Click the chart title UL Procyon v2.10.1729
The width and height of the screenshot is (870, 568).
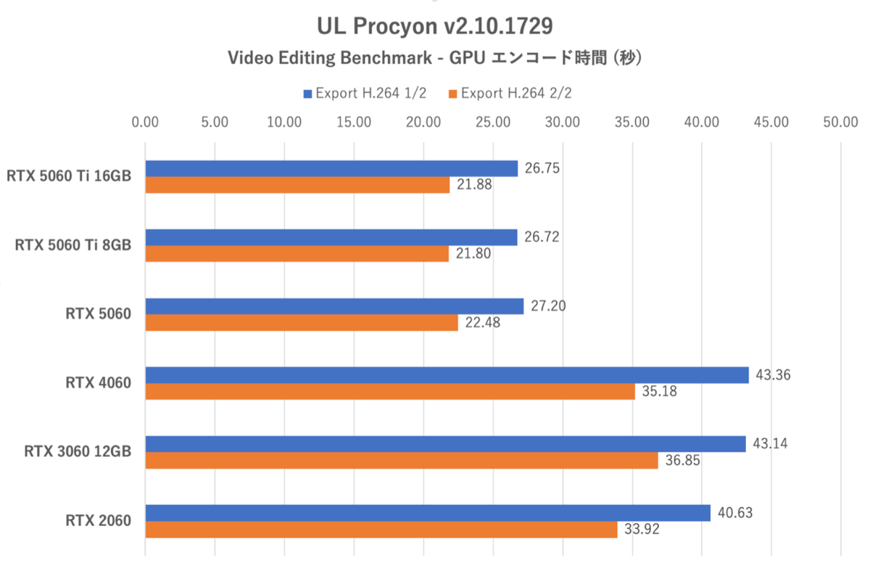point(435,26)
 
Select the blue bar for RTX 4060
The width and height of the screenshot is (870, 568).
point(447,375)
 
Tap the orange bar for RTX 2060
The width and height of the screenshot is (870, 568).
point(381,530)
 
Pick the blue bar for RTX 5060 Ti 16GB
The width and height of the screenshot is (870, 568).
point(331,168)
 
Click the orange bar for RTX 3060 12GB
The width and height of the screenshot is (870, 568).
point(402,461)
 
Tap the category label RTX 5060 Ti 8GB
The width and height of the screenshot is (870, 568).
point(72,245)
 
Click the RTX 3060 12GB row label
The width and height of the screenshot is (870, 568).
point(78,452)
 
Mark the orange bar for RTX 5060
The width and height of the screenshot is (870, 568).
point(302,323)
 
